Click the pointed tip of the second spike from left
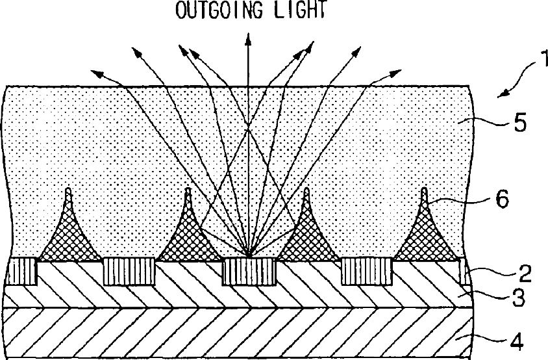click(x=188, y=192)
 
